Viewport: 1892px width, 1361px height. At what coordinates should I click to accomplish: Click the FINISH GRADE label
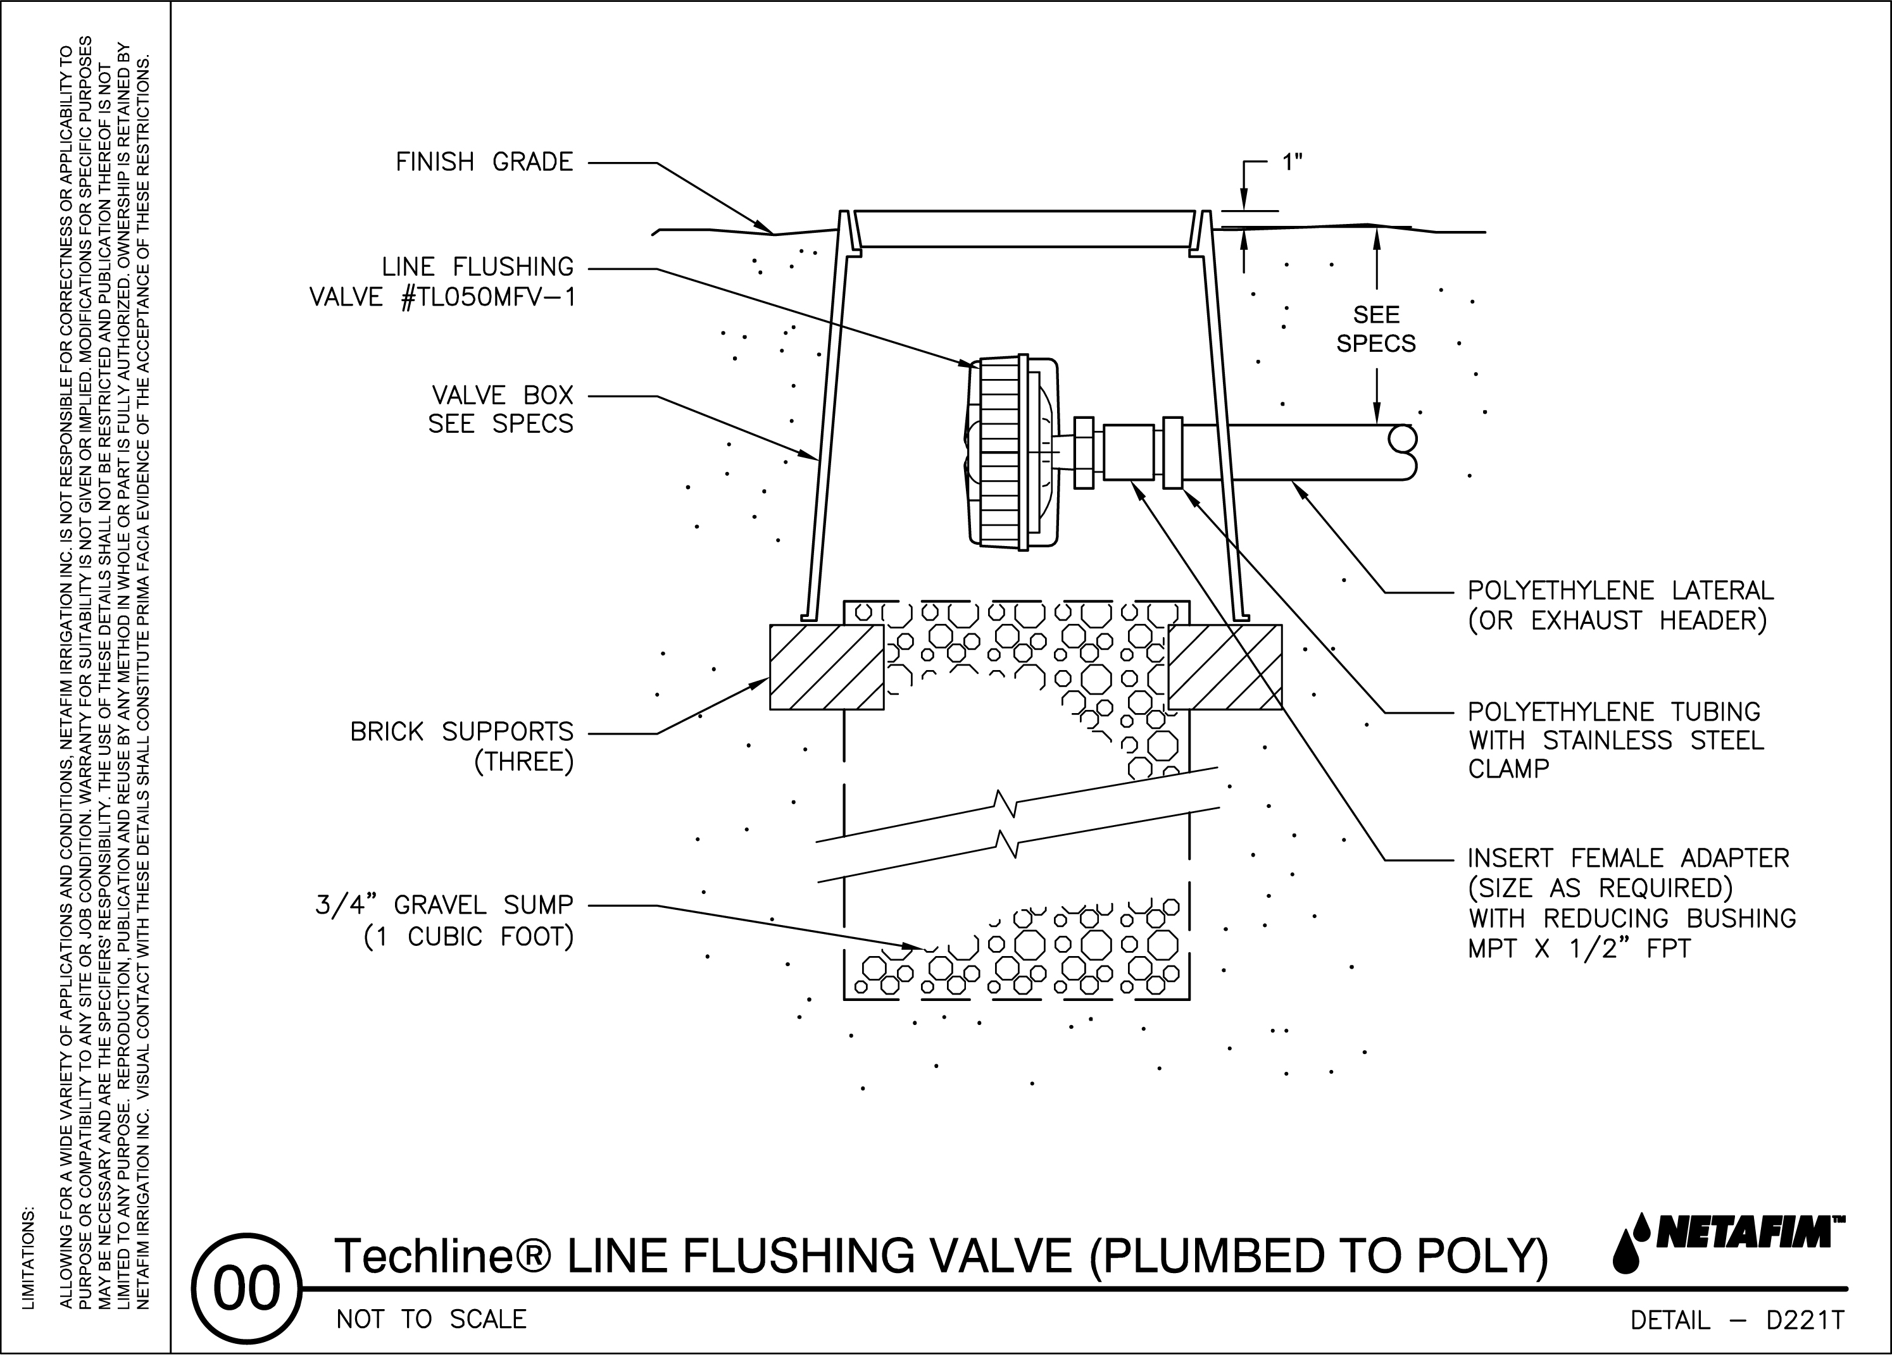click(x=484, y=162)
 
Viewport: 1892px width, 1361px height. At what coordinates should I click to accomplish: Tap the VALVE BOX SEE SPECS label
click(x=501, y=409)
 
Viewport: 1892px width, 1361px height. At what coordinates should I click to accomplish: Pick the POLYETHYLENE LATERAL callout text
click(x=1619, y=606)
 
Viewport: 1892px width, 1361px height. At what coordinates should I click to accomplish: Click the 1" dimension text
click(x=1291, y=163)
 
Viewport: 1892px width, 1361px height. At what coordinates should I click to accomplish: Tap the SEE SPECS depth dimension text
click(x=1375, y=330)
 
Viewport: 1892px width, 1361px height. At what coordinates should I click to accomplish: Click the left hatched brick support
click(x=826, y=667)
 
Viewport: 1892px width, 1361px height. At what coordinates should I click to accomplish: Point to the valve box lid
click(x=1024, y=229)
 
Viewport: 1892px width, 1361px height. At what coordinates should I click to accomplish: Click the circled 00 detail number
click(x=246, y=1290)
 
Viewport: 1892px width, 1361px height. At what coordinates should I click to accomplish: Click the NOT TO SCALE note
click(x=431, y=1319)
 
